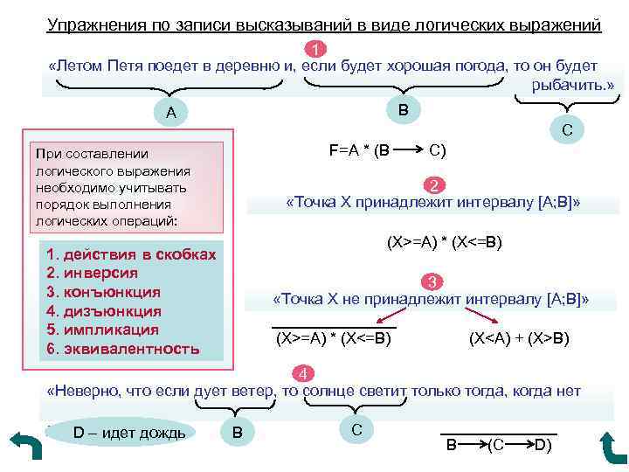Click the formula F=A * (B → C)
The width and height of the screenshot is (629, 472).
387,149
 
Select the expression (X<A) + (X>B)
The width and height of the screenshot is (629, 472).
519,338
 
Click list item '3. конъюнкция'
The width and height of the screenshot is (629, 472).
103,292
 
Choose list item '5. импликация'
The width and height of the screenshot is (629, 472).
102,330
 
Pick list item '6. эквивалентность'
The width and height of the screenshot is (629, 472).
122,350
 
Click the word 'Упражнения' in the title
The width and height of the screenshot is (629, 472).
95,25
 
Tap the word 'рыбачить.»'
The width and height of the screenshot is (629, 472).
572,85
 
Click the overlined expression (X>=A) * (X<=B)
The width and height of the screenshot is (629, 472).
333,338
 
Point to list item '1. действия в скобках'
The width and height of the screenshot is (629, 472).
130,253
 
